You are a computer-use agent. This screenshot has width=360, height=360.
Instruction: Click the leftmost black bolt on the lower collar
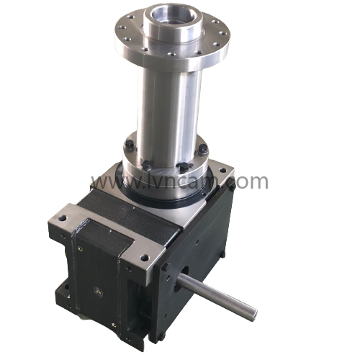pyautogui.click(x=128, y=148)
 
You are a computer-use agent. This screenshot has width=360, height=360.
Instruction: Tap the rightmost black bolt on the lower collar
pyautogui.click(x=204, y=149)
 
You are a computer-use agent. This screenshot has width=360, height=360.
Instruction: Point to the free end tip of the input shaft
pyautogui.click(x=252, y=313)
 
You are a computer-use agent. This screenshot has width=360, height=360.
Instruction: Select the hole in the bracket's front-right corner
pyautogui.click(x=143, y=256)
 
